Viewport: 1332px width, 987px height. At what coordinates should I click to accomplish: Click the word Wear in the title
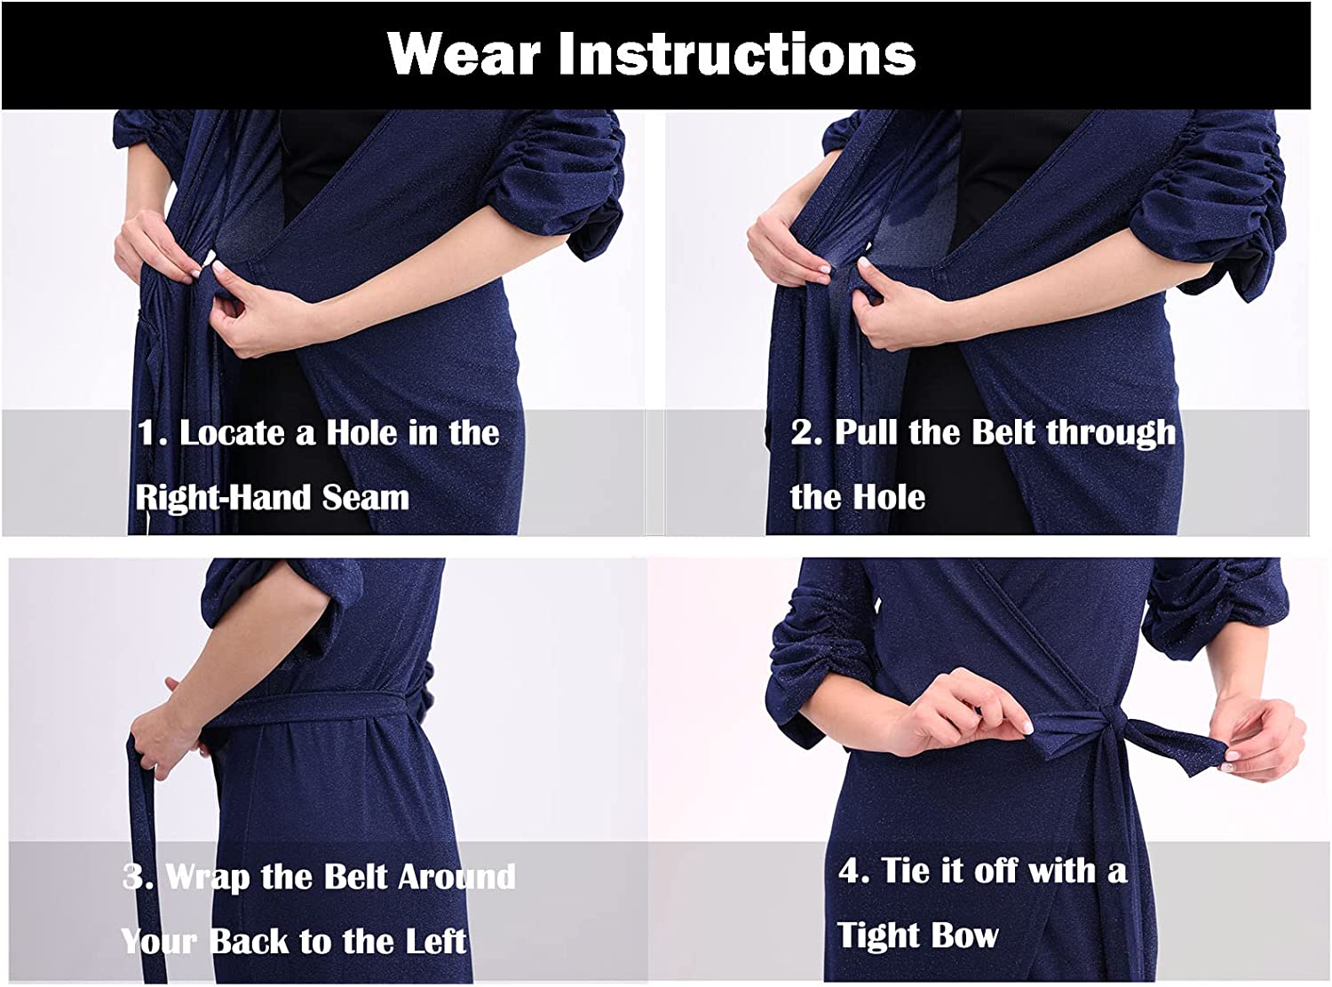[x=464, y=53]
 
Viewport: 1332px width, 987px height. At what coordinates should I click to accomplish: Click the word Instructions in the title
[x=737, y=53]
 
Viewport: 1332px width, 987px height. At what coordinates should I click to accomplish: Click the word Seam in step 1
[x=366, y=497]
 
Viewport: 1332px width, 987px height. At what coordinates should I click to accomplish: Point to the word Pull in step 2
[x=867, y=432]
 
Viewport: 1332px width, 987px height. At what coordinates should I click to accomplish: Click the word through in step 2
[x=1110, y=433]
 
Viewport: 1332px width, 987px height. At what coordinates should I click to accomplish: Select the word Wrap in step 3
[x=207, y=877]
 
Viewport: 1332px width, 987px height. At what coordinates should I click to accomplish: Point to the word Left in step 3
[x=435, y=941]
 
